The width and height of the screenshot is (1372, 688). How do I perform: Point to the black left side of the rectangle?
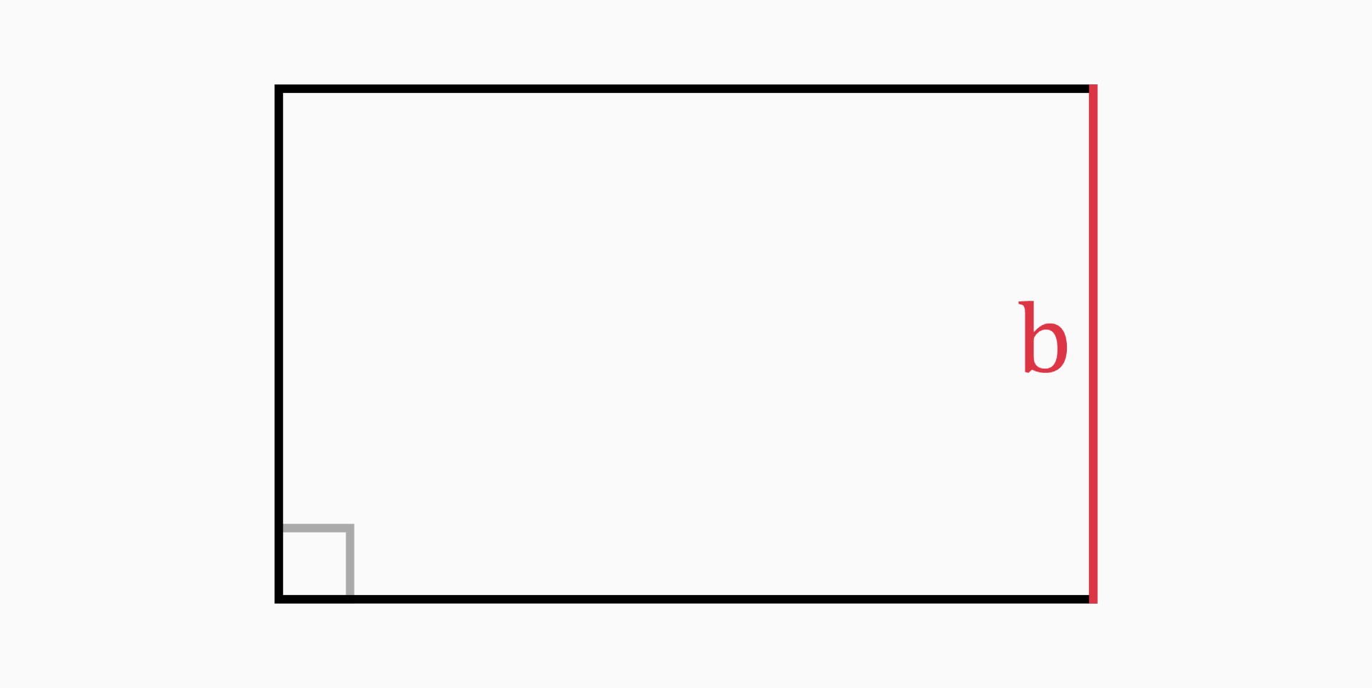(x=279, y=321)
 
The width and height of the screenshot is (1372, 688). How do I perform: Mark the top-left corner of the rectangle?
(x=279, y=89)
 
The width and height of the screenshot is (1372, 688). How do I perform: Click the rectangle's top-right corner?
(x=1093, y=89)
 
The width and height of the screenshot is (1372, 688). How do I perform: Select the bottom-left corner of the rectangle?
(x=279, y=599)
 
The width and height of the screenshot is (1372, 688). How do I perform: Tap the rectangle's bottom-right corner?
(x=1093, y=599)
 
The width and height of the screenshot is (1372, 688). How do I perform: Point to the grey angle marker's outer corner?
(x=349, y=528)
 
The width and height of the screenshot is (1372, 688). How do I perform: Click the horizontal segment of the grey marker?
(x=314, y=528)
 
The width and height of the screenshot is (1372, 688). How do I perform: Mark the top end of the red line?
(x=1093, y=86)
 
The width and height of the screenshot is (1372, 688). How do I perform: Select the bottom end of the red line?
(x=1093, y=602)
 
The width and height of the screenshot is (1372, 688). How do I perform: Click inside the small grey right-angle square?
(x=314, y=563)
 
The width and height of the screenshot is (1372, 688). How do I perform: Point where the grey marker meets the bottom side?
(x=349, y=597)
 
